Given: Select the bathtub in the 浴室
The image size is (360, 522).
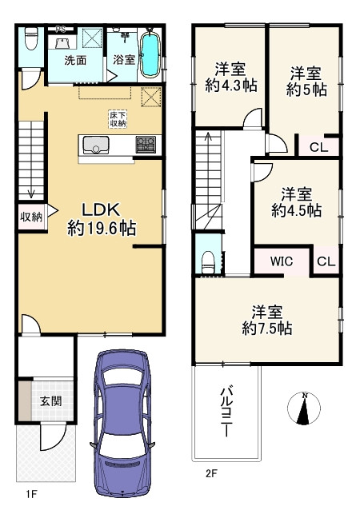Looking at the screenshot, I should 150,53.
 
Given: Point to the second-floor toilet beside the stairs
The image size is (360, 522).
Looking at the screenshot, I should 207,258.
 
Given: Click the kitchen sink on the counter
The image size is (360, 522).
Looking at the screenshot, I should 96,145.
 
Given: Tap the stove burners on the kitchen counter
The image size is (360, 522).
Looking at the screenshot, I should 146,145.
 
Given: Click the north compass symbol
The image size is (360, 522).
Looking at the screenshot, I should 304,409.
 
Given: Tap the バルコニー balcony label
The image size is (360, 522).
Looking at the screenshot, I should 226,410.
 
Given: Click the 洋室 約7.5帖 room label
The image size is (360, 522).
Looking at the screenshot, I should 267,320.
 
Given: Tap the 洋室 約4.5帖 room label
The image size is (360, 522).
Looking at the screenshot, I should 296,202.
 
